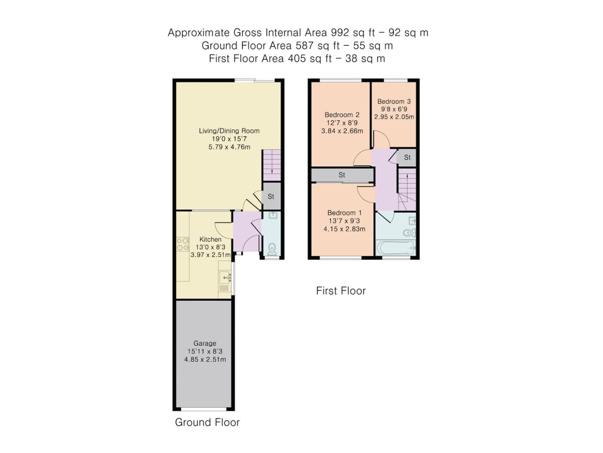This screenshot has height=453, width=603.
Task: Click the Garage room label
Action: point(205,343)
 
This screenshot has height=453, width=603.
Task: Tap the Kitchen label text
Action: point(211,239)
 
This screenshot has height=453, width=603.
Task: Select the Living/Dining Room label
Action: point(229,131)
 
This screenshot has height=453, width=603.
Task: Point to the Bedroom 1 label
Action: point(345,213)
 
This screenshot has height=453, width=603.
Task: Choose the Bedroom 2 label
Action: point(342,115)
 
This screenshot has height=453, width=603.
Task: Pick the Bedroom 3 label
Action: point(394,101)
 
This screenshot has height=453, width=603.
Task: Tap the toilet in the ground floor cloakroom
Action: point(272,249)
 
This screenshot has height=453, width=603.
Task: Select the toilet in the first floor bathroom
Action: point(410,233)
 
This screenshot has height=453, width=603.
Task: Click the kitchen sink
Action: point(225,277)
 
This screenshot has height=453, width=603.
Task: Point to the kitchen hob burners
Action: point(183,244)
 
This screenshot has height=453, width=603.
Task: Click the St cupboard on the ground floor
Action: point(271,196)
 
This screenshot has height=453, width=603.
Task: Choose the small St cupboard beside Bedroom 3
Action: point(407,157)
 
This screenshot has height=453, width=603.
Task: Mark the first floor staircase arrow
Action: point(407,177)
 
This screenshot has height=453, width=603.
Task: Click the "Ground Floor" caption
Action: point(207,422)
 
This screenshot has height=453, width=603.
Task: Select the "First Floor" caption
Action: point(341,291)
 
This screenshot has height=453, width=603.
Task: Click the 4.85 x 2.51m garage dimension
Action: point(205,359)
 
